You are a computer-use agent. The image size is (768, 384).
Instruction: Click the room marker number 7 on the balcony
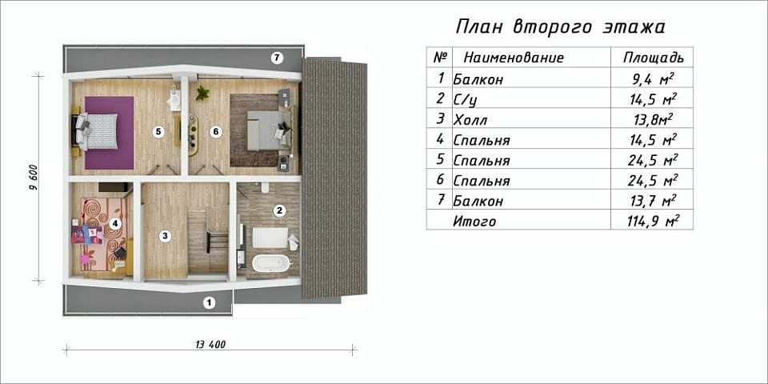277,58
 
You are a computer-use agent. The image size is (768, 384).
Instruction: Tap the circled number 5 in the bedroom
158,131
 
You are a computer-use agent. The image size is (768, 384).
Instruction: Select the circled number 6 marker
215,131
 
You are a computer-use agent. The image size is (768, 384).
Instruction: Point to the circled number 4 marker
115,224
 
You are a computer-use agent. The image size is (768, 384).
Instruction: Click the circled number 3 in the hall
164,236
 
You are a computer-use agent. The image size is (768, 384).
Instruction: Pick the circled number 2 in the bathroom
279,211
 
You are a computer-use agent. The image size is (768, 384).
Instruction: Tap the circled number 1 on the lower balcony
209,302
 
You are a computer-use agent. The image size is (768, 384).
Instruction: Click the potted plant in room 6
202,93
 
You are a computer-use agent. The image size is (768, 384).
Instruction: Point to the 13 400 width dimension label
210,345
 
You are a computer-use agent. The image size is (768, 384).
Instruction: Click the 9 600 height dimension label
32,178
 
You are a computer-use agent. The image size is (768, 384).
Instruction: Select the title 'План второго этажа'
560,26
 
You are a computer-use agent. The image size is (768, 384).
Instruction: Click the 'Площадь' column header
653,58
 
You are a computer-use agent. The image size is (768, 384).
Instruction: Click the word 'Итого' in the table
474,222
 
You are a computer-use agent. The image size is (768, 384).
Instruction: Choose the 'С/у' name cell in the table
466,99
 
